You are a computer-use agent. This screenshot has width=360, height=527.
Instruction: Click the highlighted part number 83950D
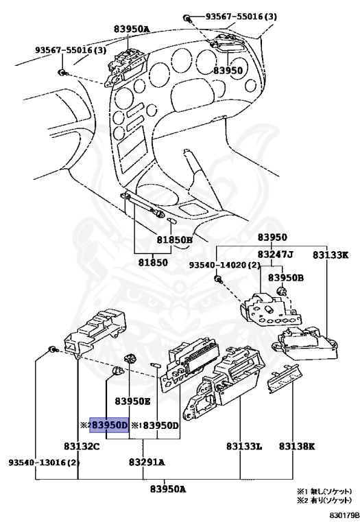point(110,425)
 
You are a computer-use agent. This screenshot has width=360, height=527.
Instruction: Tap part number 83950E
point(132,401)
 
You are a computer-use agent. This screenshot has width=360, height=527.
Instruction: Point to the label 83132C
point(82,446)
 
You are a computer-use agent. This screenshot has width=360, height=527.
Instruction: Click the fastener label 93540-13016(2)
point(44,462)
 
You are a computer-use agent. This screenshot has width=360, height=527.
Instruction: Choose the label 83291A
point(147,462)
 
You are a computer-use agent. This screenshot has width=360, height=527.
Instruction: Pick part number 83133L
point(244,446)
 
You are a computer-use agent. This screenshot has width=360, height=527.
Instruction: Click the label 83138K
point(297,446)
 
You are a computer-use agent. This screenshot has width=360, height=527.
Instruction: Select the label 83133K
point(331,255)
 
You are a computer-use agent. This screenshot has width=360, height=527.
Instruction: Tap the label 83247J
point(276,255)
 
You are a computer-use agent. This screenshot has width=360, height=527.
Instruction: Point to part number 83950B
point(286,278)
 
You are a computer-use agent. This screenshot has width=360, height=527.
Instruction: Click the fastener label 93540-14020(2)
point(225,265)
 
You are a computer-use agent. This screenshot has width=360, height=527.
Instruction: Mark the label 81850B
point(175,240)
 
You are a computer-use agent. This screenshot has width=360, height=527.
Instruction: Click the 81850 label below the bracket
point(153,262)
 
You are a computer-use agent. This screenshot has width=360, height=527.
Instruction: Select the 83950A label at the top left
point(131,30)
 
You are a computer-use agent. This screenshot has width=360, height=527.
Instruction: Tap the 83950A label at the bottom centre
point(168,489)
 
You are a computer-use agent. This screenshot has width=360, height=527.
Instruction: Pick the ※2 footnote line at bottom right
point(324,500)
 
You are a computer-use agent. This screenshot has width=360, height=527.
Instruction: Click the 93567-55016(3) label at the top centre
point(241,16)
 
